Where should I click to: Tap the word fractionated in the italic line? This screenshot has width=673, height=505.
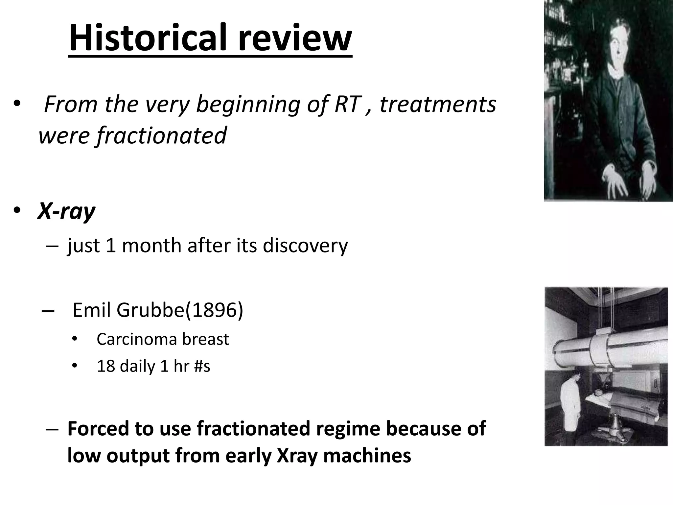161,135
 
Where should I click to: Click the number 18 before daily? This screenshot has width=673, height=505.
105,366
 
